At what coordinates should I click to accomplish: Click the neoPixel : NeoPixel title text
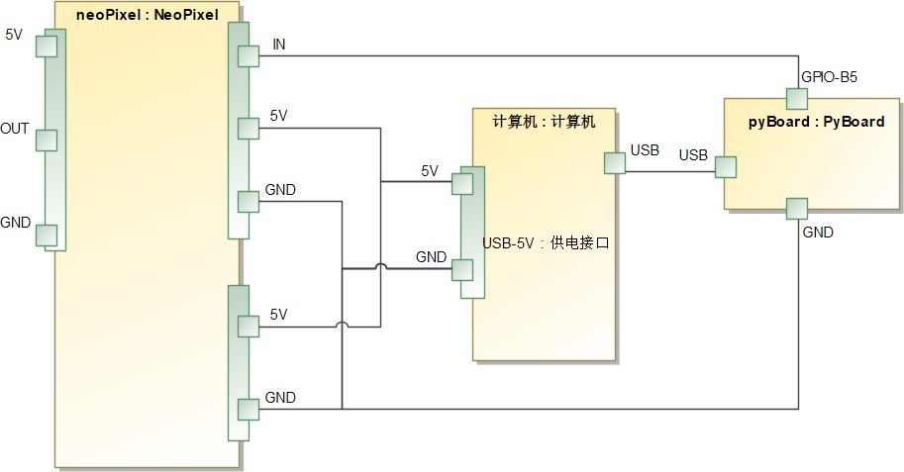(147, 15)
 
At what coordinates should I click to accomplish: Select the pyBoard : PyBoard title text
(816, 122)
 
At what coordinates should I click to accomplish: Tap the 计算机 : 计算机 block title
(544, 122)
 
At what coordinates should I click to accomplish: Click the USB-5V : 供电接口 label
(546, 243)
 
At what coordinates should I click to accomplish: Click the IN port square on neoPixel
(249, 56)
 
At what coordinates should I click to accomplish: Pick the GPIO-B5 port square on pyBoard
(797, 99)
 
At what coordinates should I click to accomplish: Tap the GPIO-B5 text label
(829, 76)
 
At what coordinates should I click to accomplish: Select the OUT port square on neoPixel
(47, 141)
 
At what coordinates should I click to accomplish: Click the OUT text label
(15, 129)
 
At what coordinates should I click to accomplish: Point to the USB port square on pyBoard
(726, 167)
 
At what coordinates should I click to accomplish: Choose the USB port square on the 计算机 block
(615, 163)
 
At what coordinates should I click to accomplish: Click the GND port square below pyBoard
(797, 209)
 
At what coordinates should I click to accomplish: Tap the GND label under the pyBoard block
(818, 233)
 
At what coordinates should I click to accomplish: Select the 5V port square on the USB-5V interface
(462, 184)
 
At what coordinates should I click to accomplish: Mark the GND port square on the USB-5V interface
(462, 270)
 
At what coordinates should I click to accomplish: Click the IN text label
(279, 45)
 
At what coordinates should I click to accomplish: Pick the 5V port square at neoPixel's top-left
(47, 47)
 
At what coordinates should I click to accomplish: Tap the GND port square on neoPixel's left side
(47, 236)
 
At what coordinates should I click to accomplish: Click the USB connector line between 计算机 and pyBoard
(670, 171)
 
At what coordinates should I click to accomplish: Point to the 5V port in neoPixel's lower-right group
(249, 327)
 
